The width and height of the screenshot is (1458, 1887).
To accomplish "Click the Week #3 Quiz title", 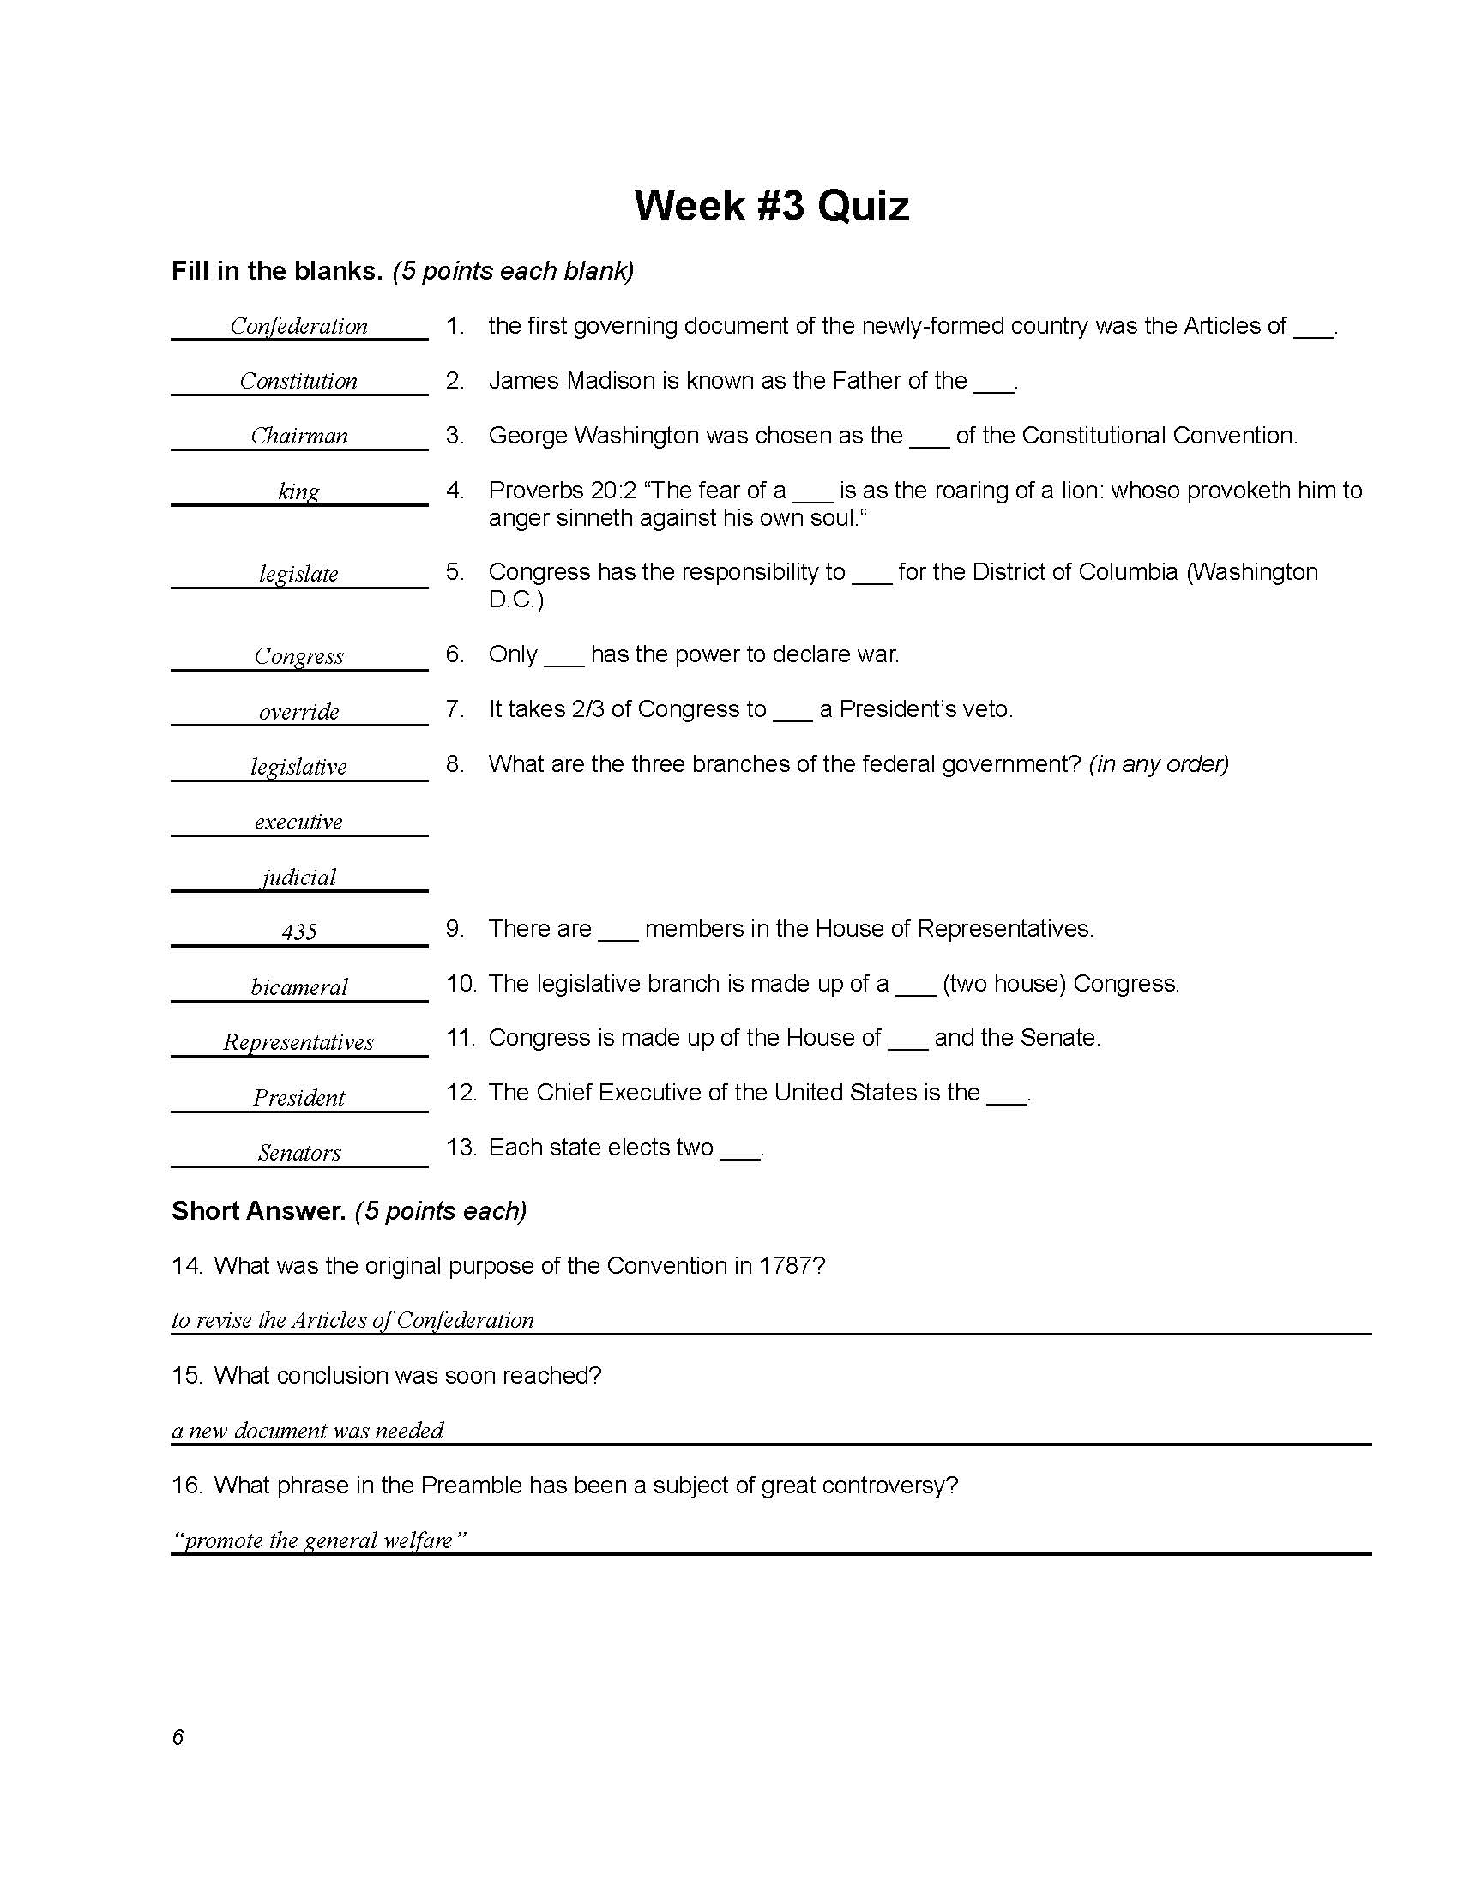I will click(x=771, y=207).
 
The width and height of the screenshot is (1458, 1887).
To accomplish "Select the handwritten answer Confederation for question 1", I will click(x=298, y=326).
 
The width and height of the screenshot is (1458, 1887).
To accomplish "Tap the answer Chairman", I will click(x=298, y=436).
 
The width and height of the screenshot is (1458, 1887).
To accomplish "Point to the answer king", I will click(x=298, y=491).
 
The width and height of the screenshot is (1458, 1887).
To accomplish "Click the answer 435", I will click(x=298, y=931).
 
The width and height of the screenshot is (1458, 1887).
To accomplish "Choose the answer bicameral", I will click(x=298, y=986).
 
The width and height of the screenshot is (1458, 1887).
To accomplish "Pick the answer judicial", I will click(x=298, y=877).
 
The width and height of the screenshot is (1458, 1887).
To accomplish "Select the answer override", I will click(x=298, y=711).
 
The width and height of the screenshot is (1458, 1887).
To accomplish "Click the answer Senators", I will click(x=298, y=1152).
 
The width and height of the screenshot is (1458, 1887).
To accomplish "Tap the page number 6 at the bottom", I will click(x=178, y=1737).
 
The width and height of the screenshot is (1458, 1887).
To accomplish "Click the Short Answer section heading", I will click(x=258, y=1210).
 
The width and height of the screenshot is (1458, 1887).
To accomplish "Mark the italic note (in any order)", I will click(x=1159, y=763).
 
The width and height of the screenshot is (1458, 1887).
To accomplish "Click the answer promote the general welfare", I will click(x=320, y=1540).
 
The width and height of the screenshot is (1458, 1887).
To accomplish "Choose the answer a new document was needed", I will click(x=308, y=1430).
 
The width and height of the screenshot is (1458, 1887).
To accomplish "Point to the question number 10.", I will click(x=461, y=983).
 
